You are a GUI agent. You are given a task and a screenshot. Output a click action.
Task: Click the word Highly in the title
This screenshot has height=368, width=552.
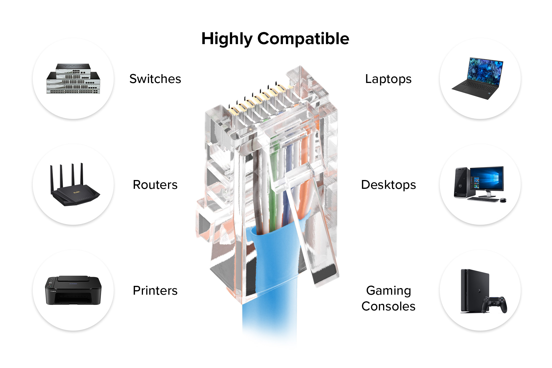tap(227, 39)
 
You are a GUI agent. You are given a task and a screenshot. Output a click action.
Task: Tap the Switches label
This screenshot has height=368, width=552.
tap(155, 79)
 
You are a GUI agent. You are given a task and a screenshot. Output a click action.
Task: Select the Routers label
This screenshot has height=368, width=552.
tap(155, 185)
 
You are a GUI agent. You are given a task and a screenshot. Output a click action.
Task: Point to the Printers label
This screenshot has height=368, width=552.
tap(155, 291)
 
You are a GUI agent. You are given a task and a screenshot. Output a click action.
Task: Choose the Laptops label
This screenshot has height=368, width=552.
tap(388, 79)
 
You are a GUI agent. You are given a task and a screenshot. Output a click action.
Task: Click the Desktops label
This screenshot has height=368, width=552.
tap(388, 185)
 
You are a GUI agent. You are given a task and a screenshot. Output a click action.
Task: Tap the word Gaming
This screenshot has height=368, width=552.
tap(389, 291)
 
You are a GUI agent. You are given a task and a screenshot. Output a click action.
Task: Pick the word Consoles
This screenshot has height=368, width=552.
tap(388, 306)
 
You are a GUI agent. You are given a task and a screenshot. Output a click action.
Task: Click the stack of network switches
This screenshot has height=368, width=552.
tap(73, 79)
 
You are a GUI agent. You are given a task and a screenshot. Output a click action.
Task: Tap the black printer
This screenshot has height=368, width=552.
tap(73, 291)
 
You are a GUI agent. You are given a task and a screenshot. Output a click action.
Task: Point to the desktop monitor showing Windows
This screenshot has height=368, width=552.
tap(487, 179)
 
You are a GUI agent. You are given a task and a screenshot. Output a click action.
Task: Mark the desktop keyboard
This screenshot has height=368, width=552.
tap(483, 199)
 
